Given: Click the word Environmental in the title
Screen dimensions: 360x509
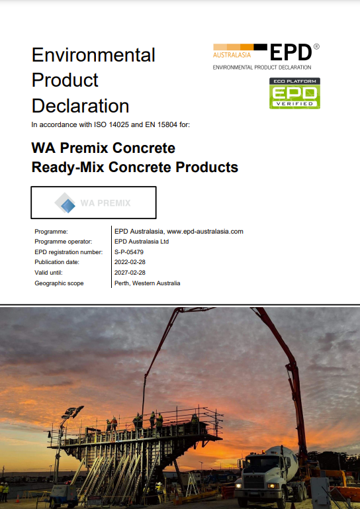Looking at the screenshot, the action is (93, 55).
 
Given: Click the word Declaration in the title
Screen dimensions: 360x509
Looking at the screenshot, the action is (80, 106).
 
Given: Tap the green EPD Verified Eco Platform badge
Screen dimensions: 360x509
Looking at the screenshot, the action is (294, 93).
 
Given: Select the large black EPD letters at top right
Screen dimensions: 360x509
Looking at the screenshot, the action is (291, 52).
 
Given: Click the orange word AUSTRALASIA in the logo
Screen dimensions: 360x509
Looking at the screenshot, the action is (232, 55).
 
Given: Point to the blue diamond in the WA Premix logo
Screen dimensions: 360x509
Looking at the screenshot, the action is (68, 206).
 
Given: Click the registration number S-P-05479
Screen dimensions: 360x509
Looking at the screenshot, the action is (129, 252).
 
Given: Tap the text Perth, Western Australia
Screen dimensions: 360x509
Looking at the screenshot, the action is (148, 283).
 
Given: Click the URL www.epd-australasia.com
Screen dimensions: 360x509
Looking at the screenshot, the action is (205, 232).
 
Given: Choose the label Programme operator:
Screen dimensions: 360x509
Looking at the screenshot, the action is (64, 242).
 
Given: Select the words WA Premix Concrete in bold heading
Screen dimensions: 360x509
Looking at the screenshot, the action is (103, 148).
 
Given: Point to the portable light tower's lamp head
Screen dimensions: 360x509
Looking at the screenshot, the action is (73, 412).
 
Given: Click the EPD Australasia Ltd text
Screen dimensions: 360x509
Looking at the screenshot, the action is (142, 242).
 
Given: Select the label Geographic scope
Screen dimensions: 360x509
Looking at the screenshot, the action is (59, 283).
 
